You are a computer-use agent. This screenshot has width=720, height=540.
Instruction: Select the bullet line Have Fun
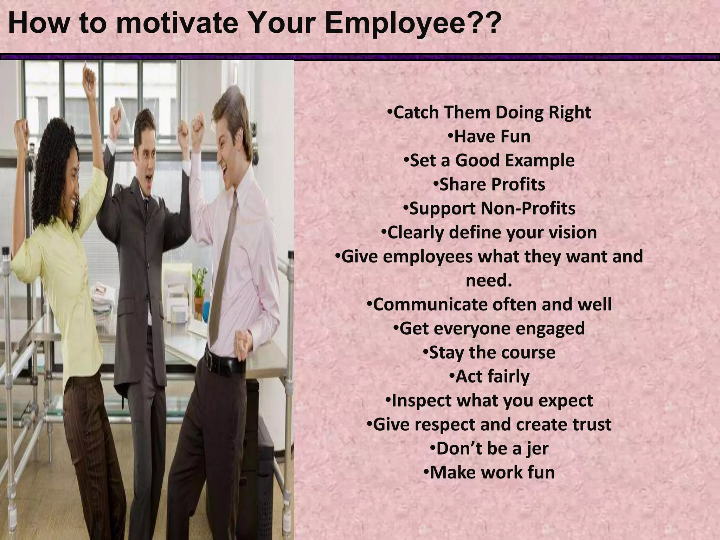click(490, 136)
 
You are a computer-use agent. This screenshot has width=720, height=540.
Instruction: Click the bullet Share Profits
click(489, 185)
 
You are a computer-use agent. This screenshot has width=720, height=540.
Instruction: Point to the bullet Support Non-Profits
click(489, 208)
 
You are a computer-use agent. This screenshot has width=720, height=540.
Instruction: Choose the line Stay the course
click(489, 353)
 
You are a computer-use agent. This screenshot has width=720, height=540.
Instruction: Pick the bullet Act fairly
click(490, 377)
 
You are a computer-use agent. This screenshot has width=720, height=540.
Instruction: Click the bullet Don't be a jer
click(489, 449)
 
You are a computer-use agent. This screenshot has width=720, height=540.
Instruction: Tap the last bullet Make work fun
click(489, 472)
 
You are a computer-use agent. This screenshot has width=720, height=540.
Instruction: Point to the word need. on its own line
click(489, 281)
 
